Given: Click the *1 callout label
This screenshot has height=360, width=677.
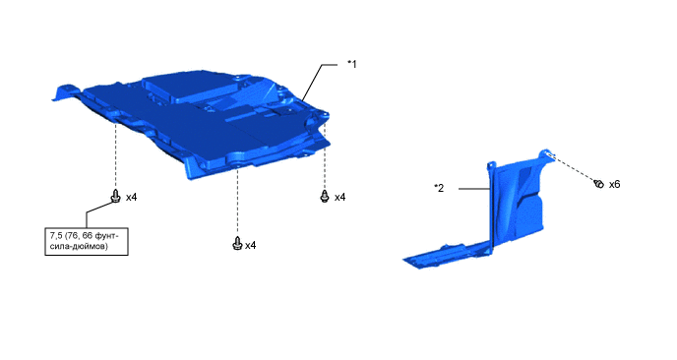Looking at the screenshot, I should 351,64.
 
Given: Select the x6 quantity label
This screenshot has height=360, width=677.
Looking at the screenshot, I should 614,184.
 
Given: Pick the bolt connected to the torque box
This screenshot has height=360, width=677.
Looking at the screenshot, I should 116,196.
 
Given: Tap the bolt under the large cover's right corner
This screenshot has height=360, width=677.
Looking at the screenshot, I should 325,197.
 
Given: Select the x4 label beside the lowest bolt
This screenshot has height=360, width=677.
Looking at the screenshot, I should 250,244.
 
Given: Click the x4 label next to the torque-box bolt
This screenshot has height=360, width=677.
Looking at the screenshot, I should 131,197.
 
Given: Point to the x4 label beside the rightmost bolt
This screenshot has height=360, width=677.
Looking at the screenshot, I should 340,197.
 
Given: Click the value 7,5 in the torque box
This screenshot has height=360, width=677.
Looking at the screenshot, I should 56,236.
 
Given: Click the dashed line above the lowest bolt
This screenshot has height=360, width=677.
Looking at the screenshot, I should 235,202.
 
